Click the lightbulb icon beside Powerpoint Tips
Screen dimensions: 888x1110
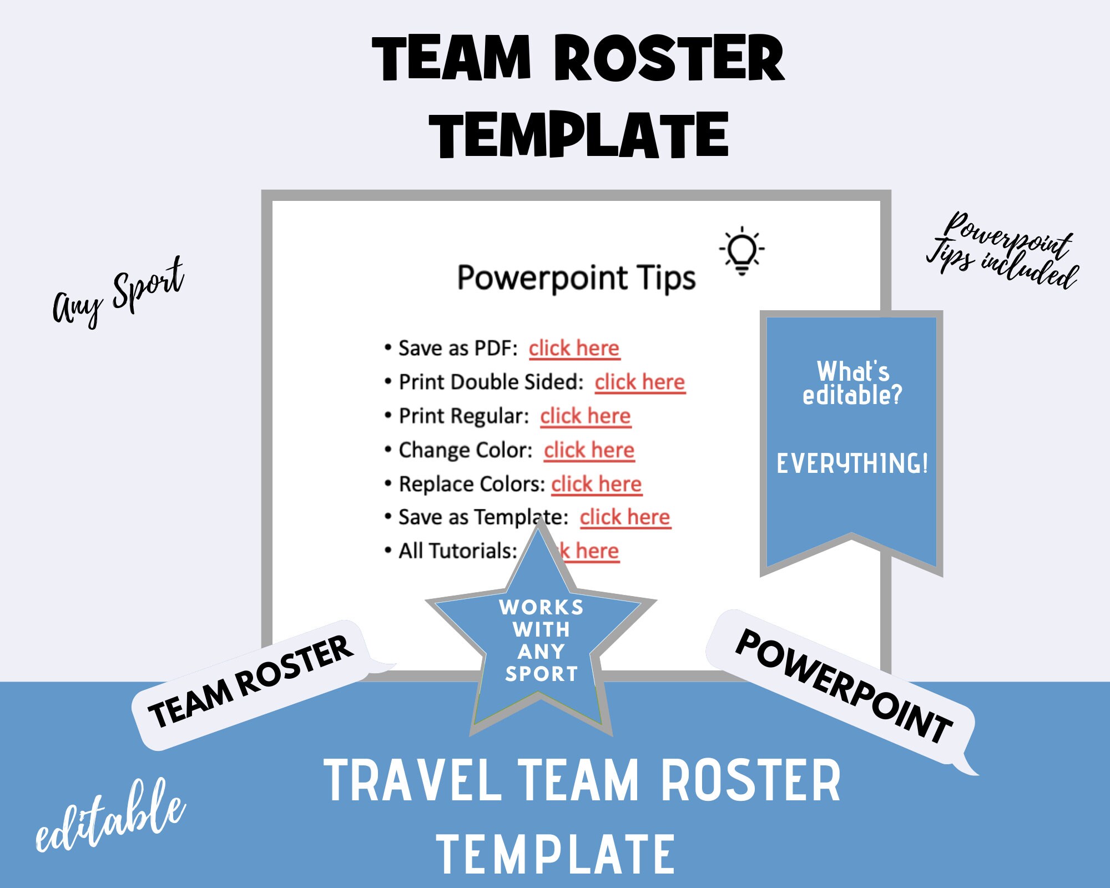[x=741, y=250]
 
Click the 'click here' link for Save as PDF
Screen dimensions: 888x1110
[x=573, y=349]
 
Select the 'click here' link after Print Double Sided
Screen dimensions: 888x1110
[x=640, y=382]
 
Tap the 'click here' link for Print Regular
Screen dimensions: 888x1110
[x=586, y=416]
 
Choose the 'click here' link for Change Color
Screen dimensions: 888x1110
[x=589, y=450]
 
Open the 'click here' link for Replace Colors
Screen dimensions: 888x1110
[x=596, y=484]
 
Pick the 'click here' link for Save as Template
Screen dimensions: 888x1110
[x=625, y=517]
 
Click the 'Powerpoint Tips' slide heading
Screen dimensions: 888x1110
[x=576, y=277]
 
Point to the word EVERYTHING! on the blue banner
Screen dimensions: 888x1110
[x=852, y=464]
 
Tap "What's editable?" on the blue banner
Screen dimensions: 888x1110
[x=852, y=383]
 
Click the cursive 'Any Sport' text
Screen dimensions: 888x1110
[x=118, y=293]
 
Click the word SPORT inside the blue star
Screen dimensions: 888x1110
[x=542, y=674]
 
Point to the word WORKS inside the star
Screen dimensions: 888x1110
[x=541, y=607]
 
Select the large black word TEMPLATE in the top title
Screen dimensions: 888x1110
[x=579, y=135]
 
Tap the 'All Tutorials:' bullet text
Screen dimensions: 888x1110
[x=457, y=551]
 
